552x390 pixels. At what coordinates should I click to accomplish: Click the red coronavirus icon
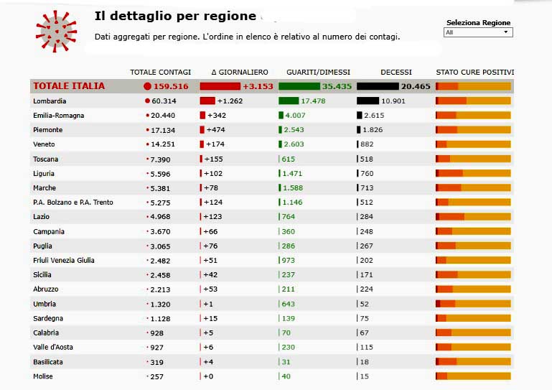tap(56, 32)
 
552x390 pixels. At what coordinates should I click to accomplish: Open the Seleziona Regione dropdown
tap(477, 32)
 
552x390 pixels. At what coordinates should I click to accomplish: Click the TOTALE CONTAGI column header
tap(160, 72)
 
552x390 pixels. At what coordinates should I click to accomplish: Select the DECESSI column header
tap(396, 72)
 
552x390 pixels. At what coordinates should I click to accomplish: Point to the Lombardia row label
tap(50, 101)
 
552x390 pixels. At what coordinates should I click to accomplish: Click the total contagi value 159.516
tap(171, 86)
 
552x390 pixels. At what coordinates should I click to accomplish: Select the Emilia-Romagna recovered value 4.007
tap(295, 116)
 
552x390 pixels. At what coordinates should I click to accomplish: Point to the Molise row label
tap(44, 376)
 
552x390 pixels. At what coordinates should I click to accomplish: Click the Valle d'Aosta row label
tap(53, 348)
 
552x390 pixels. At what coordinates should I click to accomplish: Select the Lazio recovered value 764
tap(289, 217)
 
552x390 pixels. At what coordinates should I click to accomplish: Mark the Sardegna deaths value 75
tap(365, 318)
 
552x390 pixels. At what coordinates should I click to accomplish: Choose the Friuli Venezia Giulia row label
tap(64, 260)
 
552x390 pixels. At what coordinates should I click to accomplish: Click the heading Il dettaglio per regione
tap(175, 17)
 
